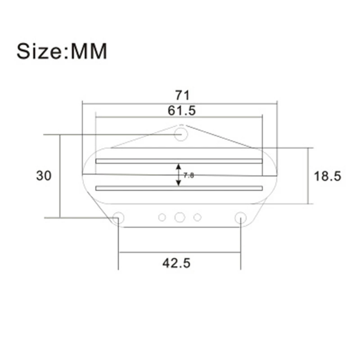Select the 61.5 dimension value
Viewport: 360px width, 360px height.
(x=181, y=110)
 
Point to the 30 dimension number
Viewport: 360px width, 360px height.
(x=44, y=175)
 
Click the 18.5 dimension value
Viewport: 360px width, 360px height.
(x=328, y=176)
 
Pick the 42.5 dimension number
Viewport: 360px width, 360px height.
(x=176, y=263)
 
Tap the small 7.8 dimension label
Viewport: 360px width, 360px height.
(x=189, y=175)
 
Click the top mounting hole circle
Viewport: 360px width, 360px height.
(x=181, y=134)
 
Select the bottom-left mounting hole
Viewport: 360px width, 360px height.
(x=118, y=217)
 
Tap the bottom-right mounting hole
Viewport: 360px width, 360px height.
(x=240, y=217)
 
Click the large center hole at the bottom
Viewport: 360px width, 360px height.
(x=180, y=217)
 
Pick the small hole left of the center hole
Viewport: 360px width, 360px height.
(x=162, y=217)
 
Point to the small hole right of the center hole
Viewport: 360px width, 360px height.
(x=197, y=217)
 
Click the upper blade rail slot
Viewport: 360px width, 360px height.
(x=179, y=160)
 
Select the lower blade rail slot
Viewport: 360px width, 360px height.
(x=179, y=188)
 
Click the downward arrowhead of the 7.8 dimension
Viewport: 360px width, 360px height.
(x=179, y=183)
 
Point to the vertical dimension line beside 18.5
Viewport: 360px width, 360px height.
(x=308, y=175)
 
